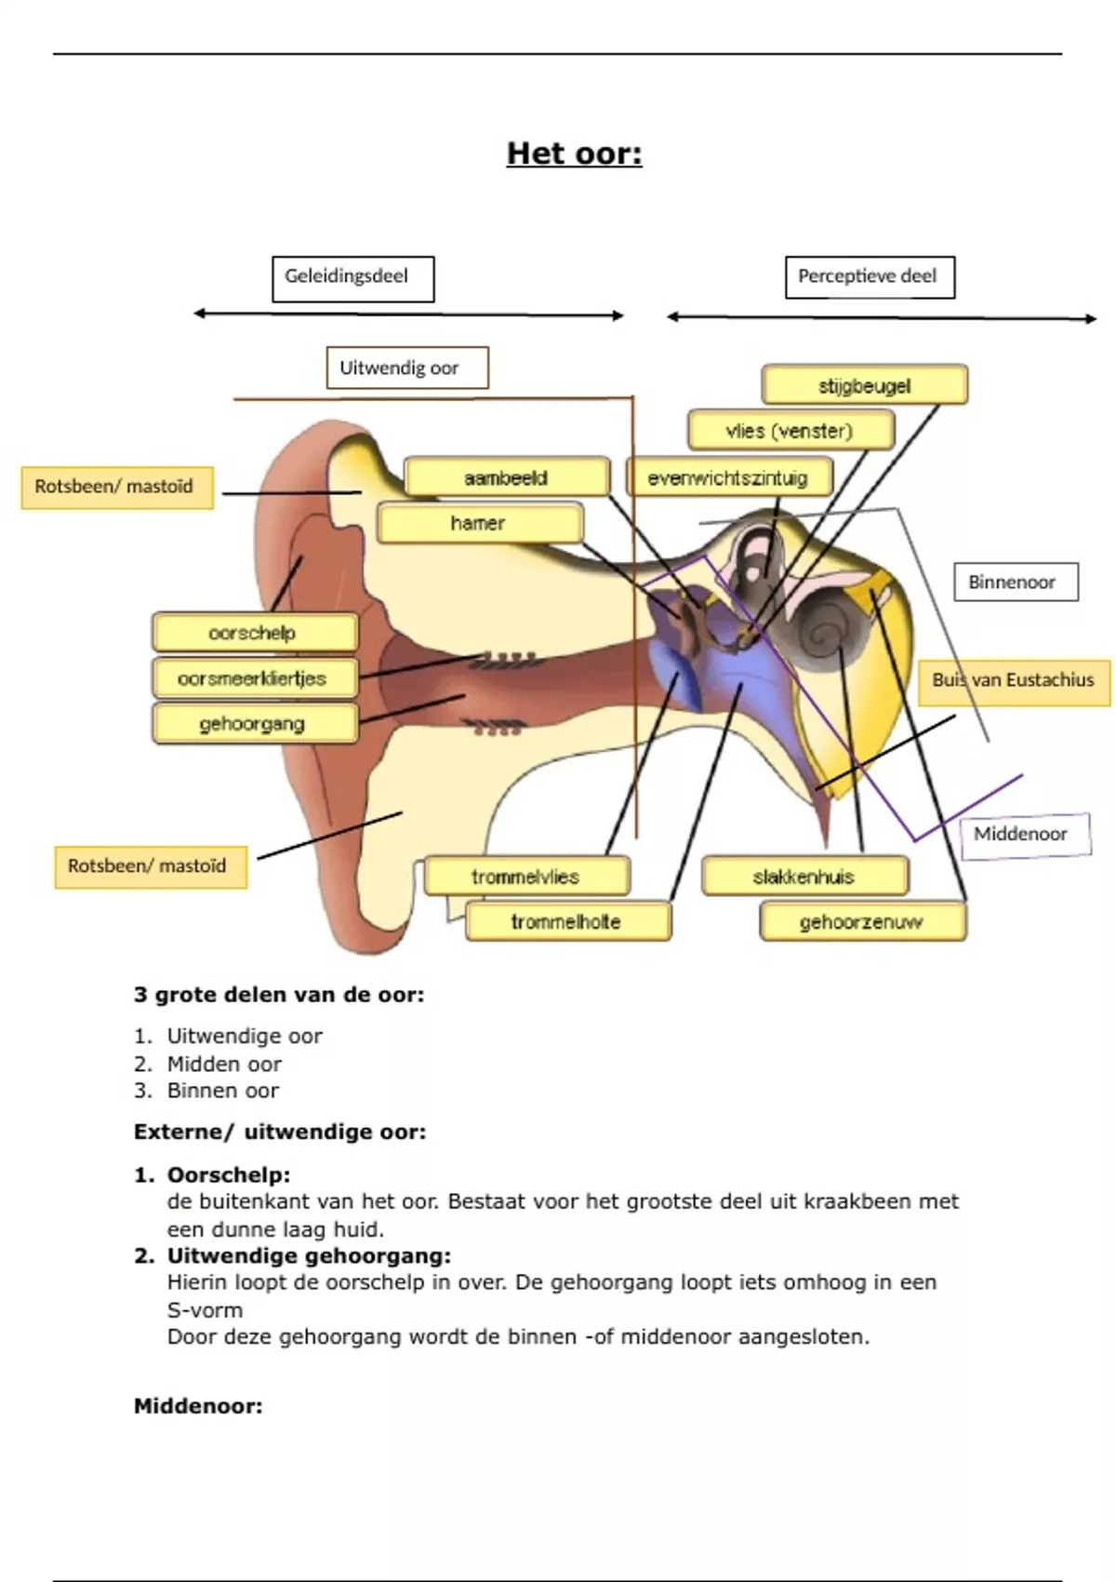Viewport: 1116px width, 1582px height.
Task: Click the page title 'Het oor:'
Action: click(x=574, y=154)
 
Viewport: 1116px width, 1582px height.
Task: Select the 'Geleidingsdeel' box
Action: click(x=352, y=278)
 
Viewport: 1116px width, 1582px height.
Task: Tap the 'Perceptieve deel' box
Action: click(x=870, y=277)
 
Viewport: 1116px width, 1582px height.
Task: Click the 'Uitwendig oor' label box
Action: click(x=406, y=368)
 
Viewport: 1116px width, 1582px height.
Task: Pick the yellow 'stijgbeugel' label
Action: click(x=864, y=385)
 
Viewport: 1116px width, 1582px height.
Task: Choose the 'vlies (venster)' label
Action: click(x=790, y=431)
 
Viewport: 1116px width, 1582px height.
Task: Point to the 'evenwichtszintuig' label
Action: click(x=728, y=477)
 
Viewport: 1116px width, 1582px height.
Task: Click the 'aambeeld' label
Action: click(x=507, y=477)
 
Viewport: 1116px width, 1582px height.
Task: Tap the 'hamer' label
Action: click(x=479, y=523)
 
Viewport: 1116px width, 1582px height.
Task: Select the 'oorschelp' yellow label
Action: click(x=254, y=633)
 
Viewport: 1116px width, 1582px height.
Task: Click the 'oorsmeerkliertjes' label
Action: click(x=254, y=678)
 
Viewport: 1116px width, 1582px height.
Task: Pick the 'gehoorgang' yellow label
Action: click(x=254, y=724)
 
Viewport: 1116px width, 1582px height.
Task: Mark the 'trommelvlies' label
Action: click(x=526, y=877)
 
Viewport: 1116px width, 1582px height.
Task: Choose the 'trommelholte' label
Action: click(x=567, y=921)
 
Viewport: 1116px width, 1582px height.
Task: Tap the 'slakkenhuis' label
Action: click(x=804, y=877)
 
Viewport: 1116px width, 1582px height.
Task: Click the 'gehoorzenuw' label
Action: click(x=862, y=922)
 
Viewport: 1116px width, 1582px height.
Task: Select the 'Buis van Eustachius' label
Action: click(x=1014, y=681)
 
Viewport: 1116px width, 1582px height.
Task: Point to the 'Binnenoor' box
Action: click(x=1015, y=583)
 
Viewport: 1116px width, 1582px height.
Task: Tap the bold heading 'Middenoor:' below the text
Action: click(x=198, y=1406)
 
